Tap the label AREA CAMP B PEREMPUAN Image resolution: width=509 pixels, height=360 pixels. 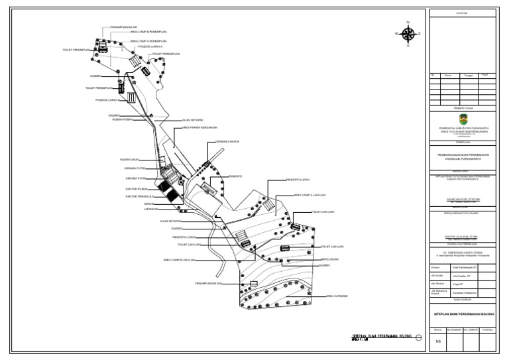pos(148,32)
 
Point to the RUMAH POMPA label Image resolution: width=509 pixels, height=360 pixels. pos(123,119)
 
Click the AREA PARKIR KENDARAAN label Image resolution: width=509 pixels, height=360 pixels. pos(199,127)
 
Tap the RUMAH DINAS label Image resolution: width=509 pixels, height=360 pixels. pos(129,160)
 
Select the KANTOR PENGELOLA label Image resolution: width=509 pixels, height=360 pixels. pos(139,196)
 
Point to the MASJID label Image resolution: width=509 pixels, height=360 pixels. pos(149,204)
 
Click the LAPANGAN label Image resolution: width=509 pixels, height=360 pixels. pos(150,209)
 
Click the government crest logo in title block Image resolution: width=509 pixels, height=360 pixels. pos(463,118)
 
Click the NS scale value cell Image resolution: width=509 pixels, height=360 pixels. pos(437,341)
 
